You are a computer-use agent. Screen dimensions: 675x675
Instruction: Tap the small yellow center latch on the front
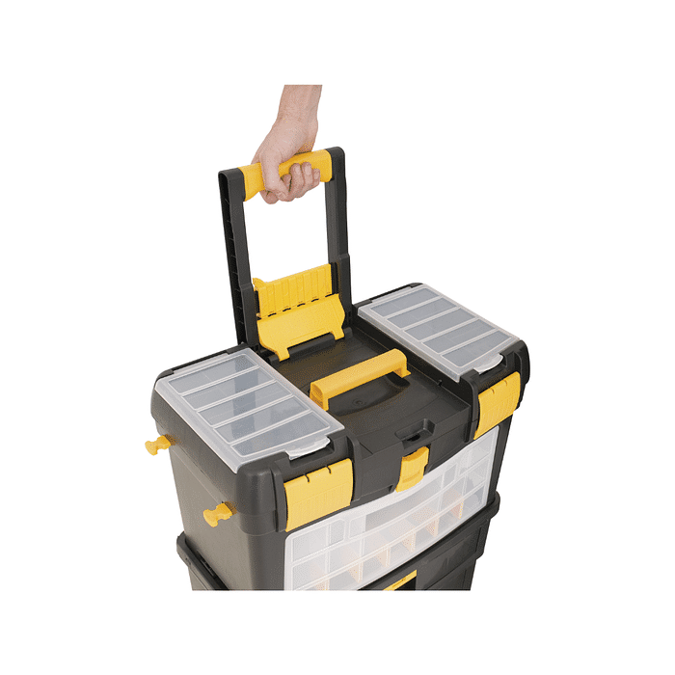pyautogui.click(x=412, y=468)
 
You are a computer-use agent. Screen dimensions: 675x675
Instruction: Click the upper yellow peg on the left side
pyautogui.click(x=158, y=445)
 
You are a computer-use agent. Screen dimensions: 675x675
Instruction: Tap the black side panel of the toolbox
pyautogui.click(x=193, y=482)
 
